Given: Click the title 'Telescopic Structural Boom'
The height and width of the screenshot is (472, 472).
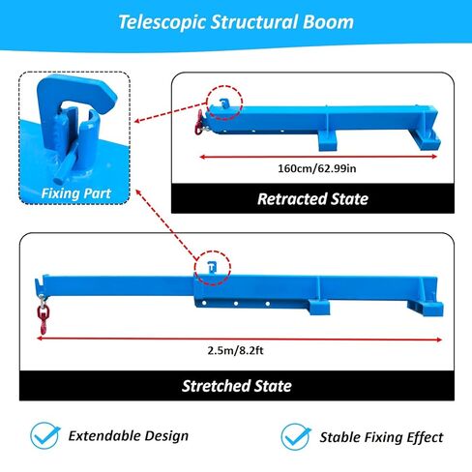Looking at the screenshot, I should (x=236, y=21).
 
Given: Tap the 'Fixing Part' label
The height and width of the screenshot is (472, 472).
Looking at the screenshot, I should (x=75, y=193).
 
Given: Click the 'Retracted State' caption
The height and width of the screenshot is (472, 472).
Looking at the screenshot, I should (x=312, y=199).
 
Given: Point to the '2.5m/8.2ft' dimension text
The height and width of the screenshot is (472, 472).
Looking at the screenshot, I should (x=236, y=350).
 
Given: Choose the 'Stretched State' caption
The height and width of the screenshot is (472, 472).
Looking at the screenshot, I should (x=236, y=385).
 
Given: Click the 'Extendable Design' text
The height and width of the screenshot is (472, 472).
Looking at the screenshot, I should (x=128, y=436).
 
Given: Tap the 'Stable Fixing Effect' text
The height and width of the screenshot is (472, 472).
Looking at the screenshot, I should (x=381, y=437).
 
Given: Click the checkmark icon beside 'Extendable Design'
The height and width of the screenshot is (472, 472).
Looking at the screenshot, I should (x=42, y=435).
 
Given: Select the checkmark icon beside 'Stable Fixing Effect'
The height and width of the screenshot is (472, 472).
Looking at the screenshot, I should (x=295, y=436).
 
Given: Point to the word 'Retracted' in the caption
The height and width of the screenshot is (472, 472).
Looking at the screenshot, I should (x=291, y=199).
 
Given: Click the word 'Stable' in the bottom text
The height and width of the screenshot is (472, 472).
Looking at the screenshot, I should (x=342, y=437).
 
